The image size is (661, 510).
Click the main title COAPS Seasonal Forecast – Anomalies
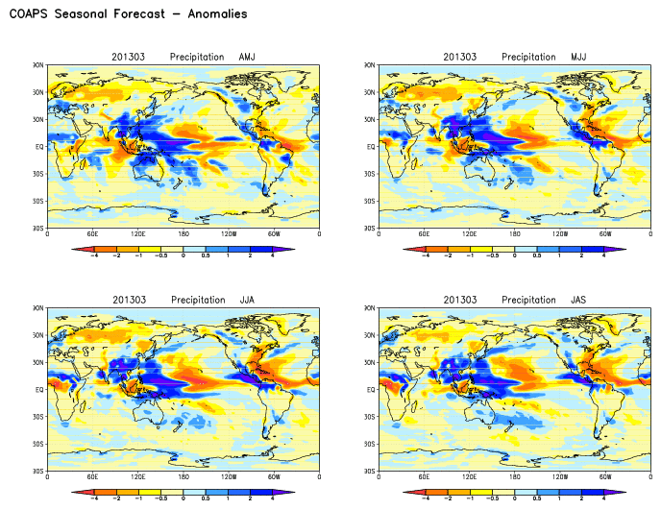(128, 14)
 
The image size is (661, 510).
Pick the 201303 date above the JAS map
(459, 300)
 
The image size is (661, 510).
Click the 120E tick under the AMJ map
(138, 234)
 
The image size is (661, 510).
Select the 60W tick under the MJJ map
(605, 234)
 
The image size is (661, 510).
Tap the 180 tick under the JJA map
(184, 477)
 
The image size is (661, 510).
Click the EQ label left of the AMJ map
(38, 147)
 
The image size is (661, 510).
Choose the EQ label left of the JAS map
(370, 390)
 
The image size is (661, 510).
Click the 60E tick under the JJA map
(93, 477)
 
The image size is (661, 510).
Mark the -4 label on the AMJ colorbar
(92, 255)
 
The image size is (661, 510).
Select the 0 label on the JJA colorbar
(184, 498)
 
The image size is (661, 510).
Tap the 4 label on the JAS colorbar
(603, 498)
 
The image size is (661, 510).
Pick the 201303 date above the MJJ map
(459, 57)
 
